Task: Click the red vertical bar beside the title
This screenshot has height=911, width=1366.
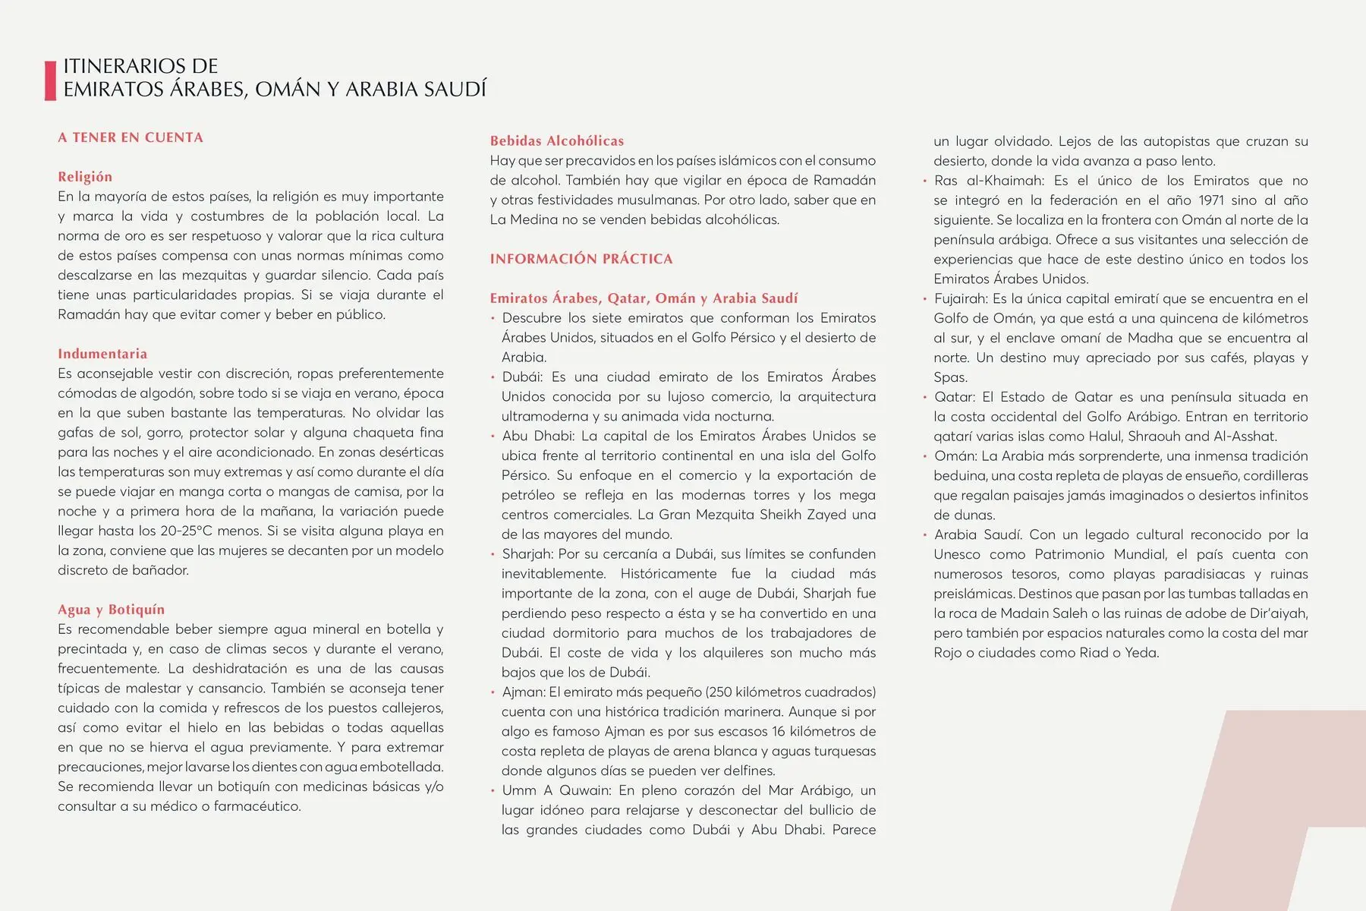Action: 51,80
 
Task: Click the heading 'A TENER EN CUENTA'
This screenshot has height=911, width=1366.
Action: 131,137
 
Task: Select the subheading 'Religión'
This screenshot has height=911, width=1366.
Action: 85,177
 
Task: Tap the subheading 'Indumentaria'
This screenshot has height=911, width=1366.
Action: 102,354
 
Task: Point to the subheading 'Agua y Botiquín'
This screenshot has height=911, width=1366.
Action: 111,610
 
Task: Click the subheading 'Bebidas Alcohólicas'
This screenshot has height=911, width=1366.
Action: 557,140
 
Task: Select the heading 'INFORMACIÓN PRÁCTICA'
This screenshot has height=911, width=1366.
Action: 581,259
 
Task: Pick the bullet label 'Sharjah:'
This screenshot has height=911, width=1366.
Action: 527,554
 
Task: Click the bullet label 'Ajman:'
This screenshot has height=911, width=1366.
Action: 524,692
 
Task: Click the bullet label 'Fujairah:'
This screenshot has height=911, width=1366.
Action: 961,299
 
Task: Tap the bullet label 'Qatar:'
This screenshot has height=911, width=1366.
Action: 955,397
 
